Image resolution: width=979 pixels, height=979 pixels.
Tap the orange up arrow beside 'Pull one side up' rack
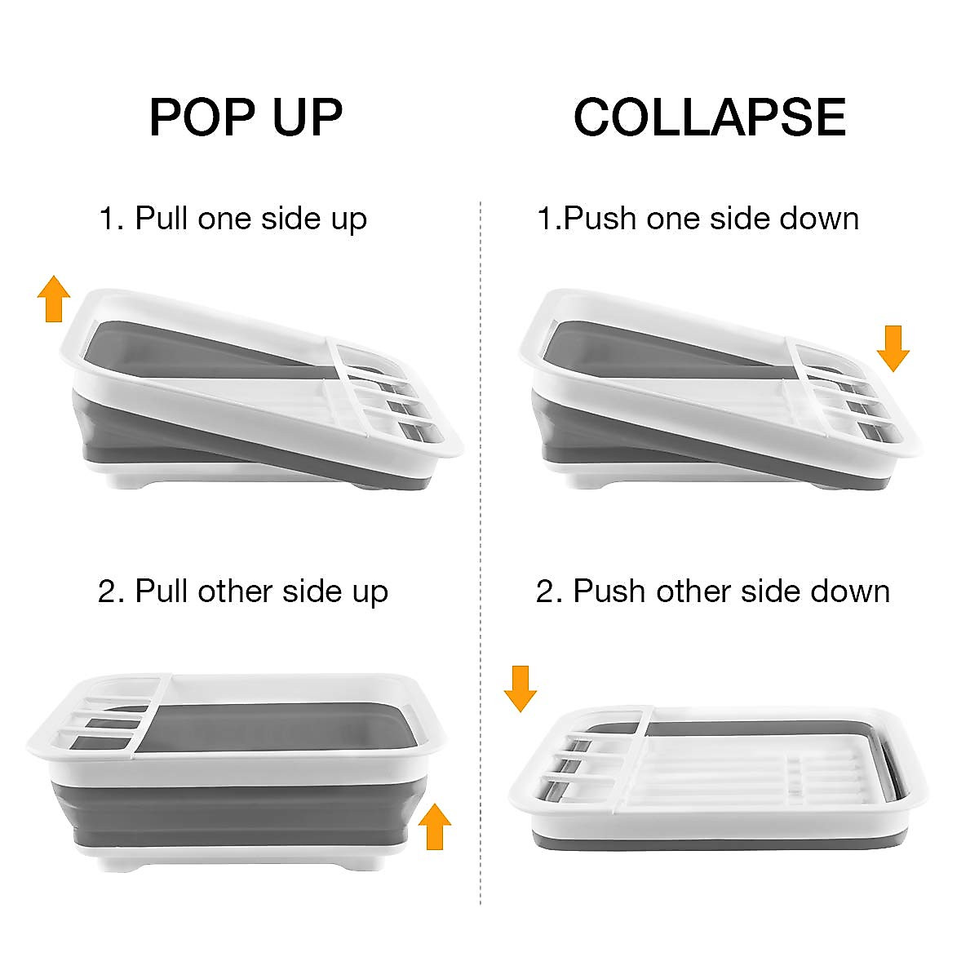(54, 299)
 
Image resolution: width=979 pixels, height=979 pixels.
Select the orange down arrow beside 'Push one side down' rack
(893, 348)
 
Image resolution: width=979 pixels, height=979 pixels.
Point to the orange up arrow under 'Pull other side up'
(435, 826)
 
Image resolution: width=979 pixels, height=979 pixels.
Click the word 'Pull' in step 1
(162, 219)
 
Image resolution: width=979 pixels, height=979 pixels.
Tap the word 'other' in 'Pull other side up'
(235, 591)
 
